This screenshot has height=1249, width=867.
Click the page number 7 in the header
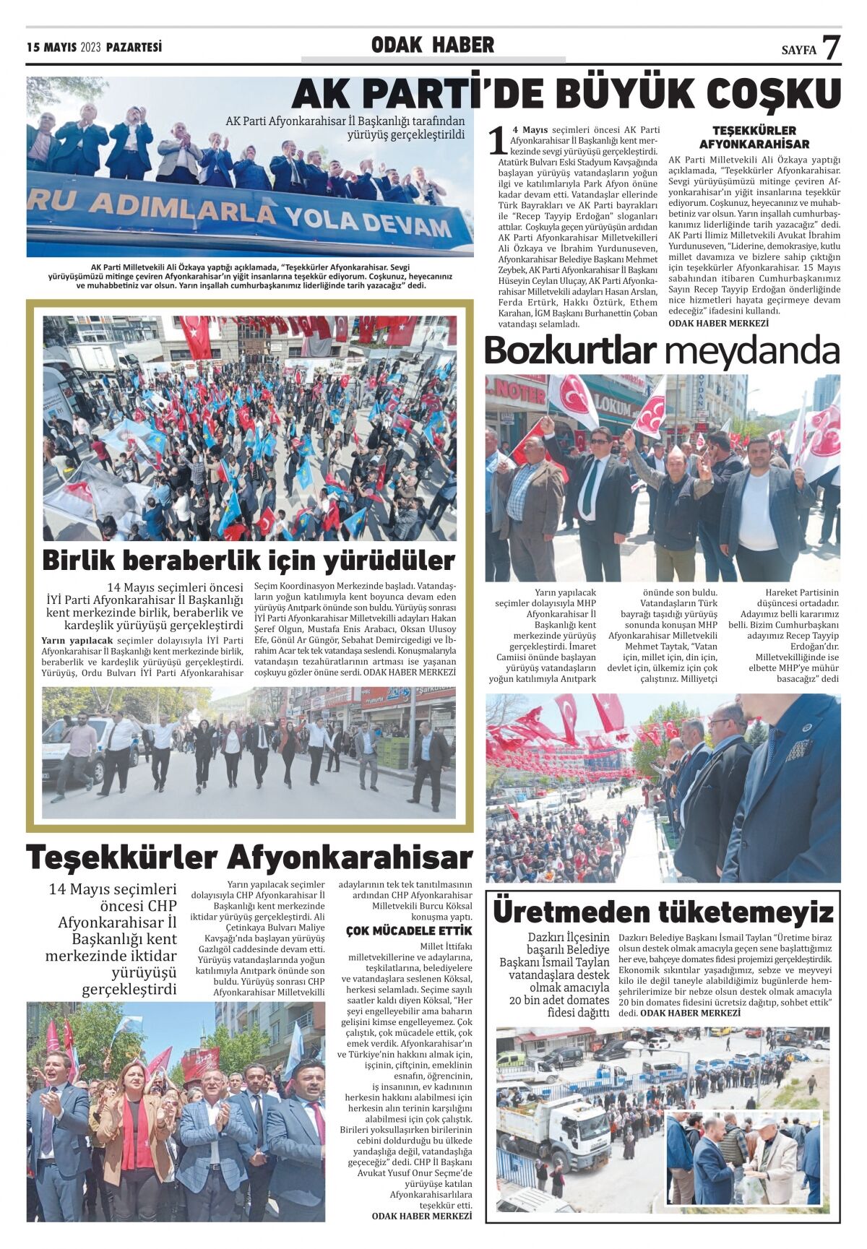832,47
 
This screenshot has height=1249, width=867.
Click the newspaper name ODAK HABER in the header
433,45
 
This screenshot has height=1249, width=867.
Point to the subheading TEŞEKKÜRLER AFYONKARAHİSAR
754,137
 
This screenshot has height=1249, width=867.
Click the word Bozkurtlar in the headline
570,351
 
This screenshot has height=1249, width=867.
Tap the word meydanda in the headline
751,351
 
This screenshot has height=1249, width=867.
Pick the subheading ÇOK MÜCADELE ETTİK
409,930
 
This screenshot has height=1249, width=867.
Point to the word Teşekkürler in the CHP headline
121,858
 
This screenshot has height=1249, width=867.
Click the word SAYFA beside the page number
798,50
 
